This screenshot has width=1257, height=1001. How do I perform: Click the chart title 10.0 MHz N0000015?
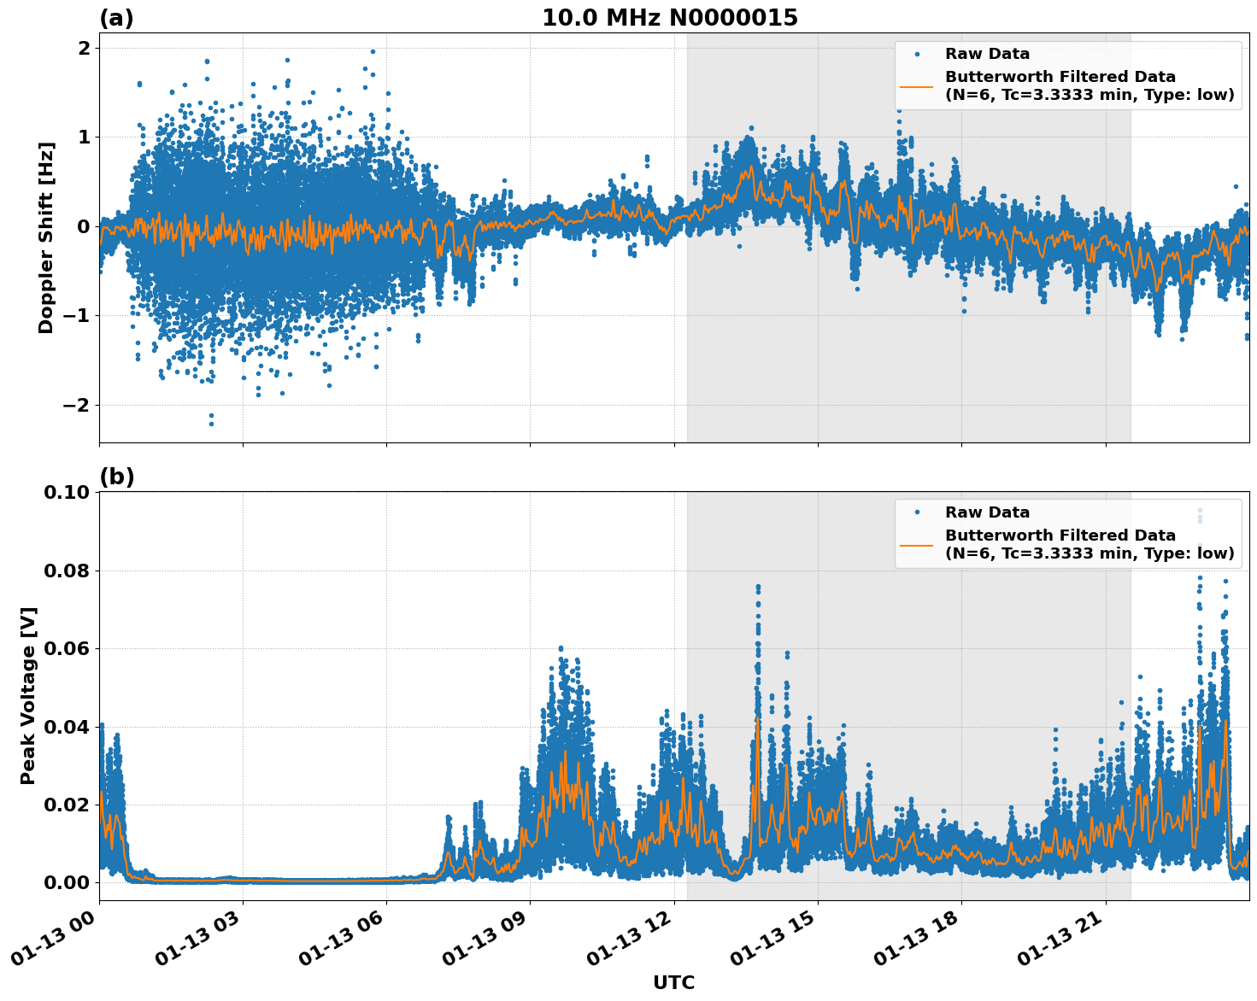669,18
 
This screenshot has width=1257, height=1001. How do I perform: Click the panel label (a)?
116,18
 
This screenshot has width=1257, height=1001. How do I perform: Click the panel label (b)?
116,477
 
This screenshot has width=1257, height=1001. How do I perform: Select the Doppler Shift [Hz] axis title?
46,237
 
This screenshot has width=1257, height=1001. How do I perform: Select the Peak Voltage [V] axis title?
28,696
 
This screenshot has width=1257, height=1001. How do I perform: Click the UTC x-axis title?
673,982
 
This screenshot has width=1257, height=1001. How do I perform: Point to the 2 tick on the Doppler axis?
84,48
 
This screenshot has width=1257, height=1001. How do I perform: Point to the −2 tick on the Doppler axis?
76,405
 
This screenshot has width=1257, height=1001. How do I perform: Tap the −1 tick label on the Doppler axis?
76,316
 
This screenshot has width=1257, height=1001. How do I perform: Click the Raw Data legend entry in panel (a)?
987,54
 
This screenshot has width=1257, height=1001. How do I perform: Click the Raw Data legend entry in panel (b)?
987,512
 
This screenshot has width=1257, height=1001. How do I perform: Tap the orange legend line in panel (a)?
916,85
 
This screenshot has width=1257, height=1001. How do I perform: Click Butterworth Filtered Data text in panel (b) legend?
1060,536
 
